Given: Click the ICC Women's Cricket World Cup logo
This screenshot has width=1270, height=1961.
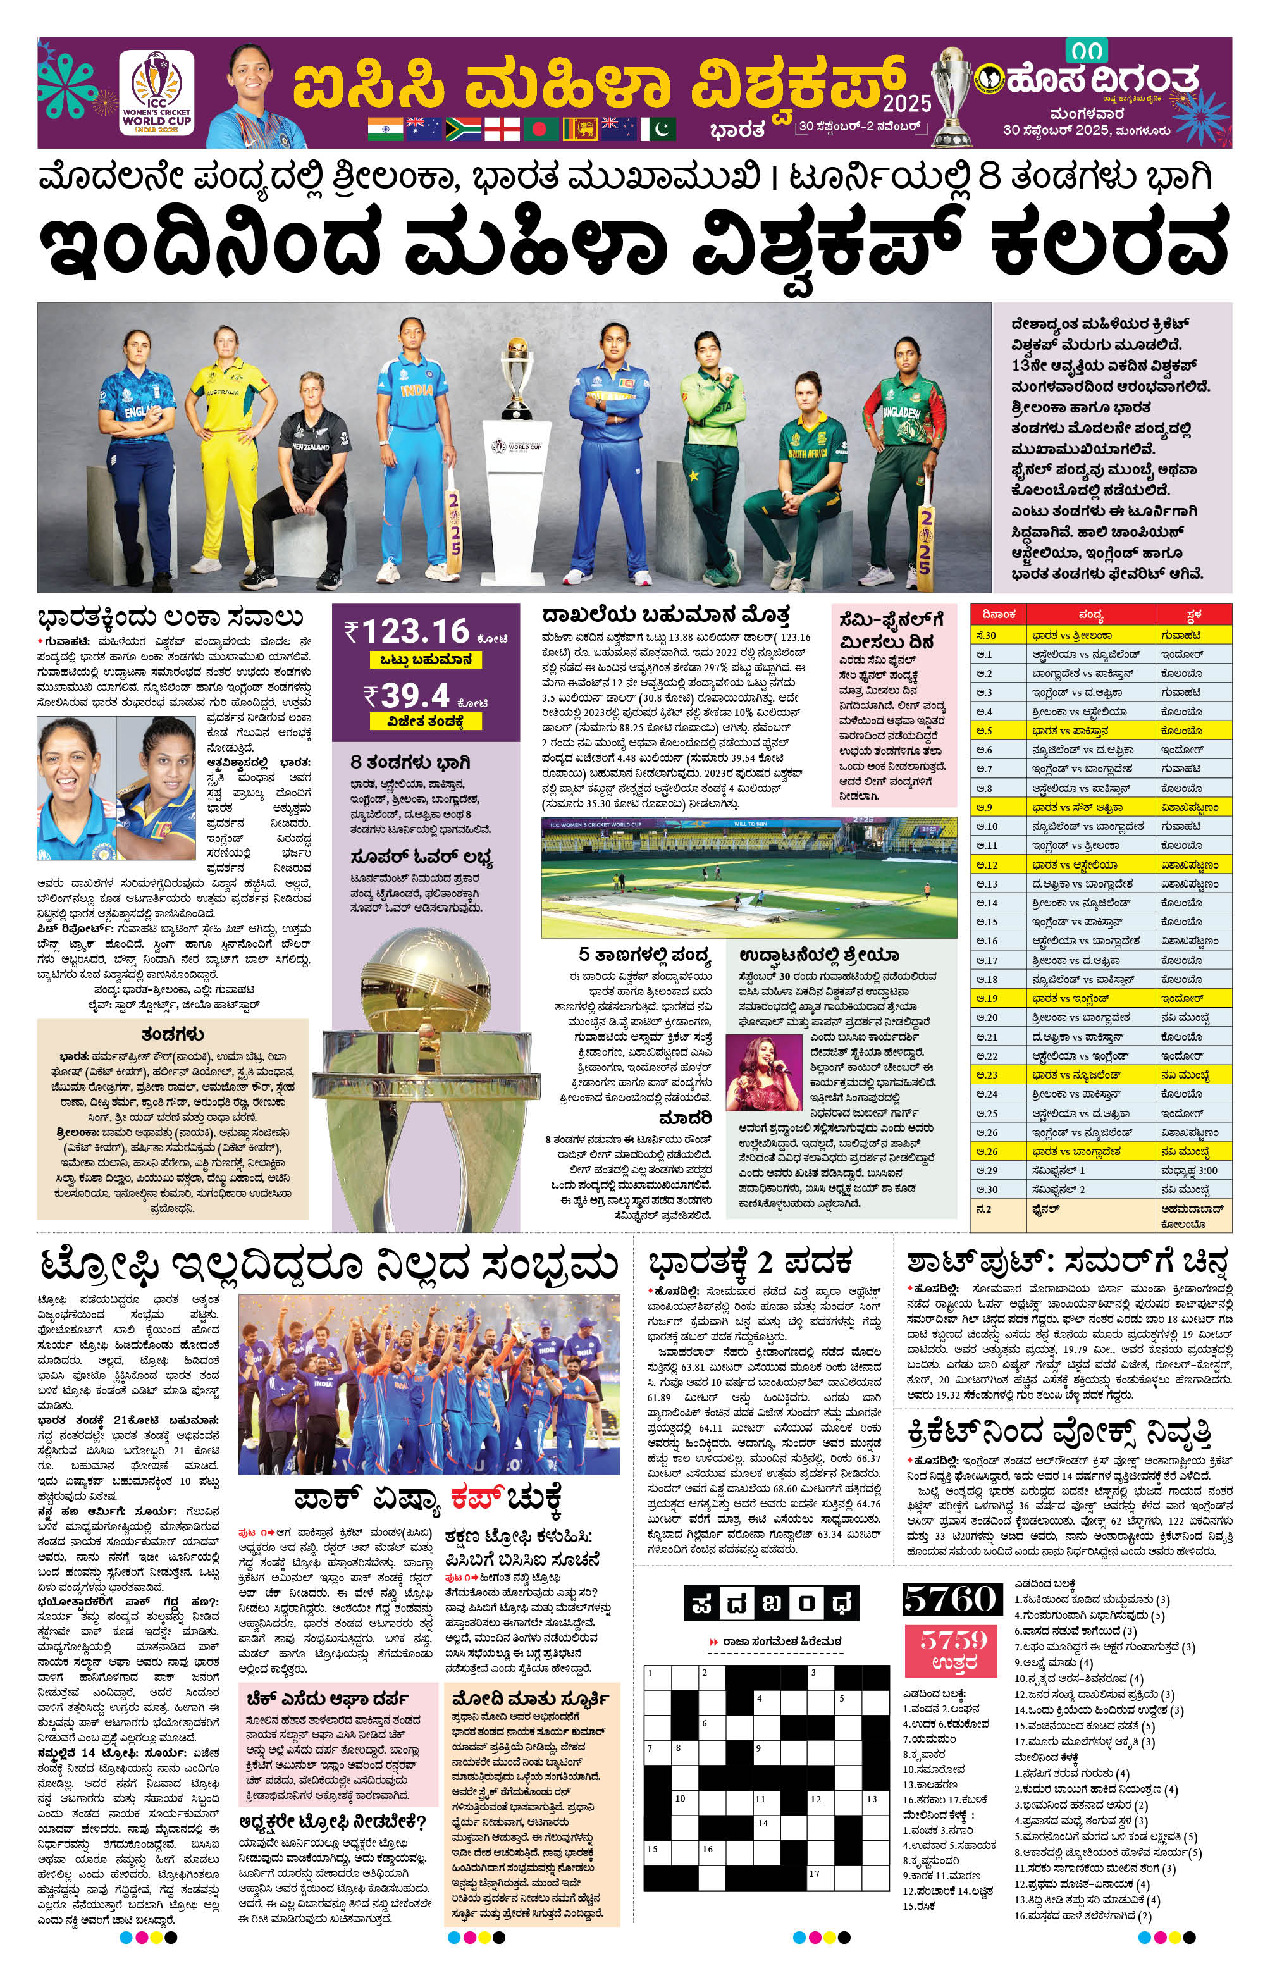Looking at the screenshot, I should pyautogui.click(x=156, y=92).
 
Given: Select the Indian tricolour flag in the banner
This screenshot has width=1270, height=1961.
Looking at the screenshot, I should pyautogui.click(x=385, y=128).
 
